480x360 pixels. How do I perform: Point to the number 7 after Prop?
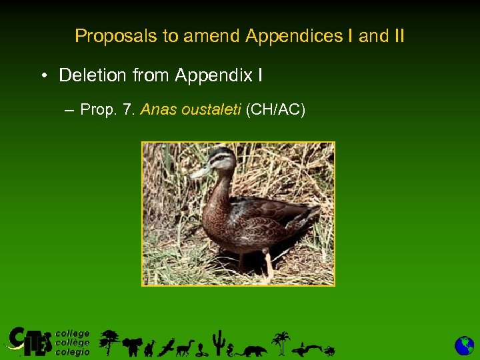127,109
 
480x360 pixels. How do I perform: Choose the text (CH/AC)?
275,109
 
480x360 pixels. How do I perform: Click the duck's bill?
198,172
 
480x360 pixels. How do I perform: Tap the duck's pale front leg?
268,264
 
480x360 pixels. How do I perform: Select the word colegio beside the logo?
73,351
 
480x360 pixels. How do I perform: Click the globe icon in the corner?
464,345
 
